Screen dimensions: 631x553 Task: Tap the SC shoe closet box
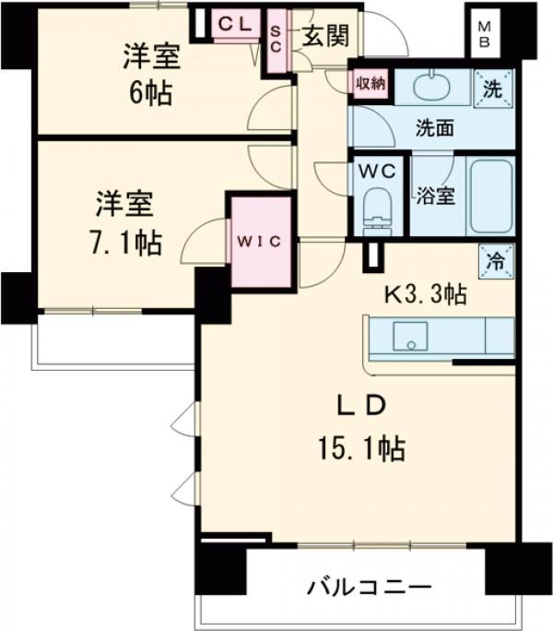tap(276, 42)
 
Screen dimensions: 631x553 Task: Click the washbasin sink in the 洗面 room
tap(429, 88)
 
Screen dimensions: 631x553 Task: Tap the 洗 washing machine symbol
tap(494, 89)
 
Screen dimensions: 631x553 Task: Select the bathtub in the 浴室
tap(490, 197)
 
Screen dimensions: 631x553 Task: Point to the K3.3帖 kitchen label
tap(424, 295)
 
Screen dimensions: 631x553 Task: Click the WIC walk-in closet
tap(262, 241)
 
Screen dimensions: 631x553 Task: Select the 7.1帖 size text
tap(126, 242)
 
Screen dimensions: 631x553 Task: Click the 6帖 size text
tap(151, 93)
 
